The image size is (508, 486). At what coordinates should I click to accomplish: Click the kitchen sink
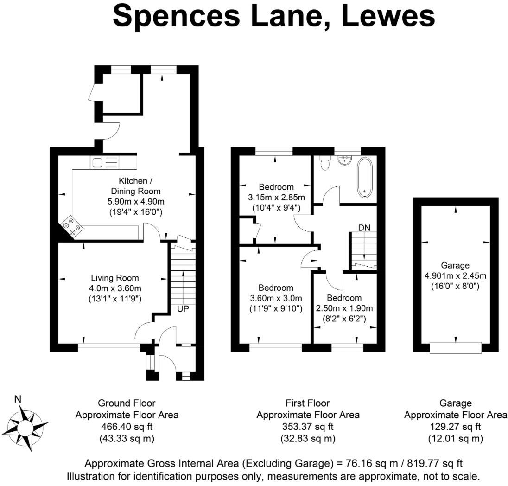pyautogui.click(x=98, y=162)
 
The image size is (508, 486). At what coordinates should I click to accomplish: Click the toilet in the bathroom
pyautogui.click(x=325, y=163)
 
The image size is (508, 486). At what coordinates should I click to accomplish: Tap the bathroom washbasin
pyautogui.click(x=344, y=160)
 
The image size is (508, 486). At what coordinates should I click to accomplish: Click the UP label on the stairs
pyautogui.click(x=182, y=308)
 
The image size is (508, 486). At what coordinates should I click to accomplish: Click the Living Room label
pyautogui.click(x=114, y=278)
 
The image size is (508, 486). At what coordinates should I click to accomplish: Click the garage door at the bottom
pyautogui.click(x=456, y=347)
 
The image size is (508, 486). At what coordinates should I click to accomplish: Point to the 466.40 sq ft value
pyautogui.click(x=127, y=426)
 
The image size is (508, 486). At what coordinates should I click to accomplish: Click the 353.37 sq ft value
pyautogui.click(x=308, y=426)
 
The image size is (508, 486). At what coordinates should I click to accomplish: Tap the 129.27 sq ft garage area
pyautogui.click(x=455, y=426)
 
